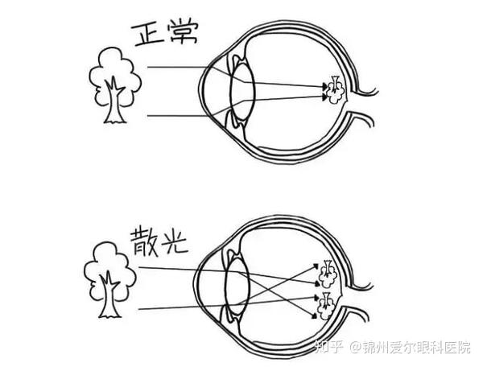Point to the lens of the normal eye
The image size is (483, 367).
242,89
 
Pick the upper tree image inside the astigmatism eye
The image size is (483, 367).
327,274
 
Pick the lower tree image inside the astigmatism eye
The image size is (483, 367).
328,303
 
